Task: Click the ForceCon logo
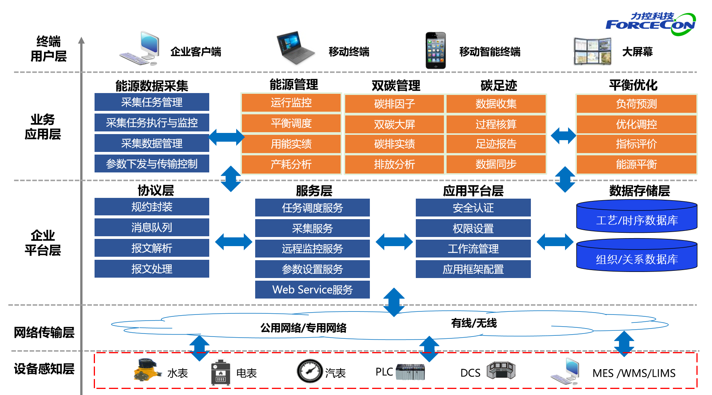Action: pos(650,24)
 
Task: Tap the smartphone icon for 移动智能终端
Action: pos(435,51)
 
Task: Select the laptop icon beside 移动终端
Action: pos(295,48)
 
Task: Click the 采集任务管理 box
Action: pos(152,102)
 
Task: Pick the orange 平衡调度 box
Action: pos(291,123)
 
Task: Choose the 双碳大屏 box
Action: pos(394,124)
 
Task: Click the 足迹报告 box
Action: pos(496,144)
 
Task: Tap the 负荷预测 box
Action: pos(636,104)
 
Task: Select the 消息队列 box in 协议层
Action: pos(152,228)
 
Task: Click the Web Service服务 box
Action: pos(312,290)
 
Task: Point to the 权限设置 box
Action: pos(473,228)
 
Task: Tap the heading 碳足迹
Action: pos(499,85)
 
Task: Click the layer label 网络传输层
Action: pos(44,332)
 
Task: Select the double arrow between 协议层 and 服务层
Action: pos(233,242)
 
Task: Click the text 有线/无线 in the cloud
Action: pos(474,323)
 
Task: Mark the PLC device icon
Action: pos(410,372)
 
